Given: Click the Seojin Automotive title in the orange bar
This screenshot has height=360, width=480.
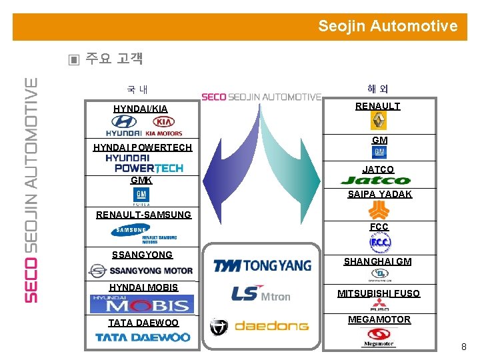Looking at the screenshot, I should pyautogui.click(x=387, y=26).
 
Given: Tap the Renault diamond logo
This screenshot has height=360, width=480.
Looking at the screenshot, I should pyautogui.click(x=378, y=121).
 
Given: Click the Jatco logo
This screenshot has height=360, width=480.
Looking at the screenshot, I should pyautogui.click(x=376, y=180).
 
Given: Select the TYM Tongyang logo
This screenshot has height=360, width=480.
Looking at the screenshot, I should pyautogui.click(x=262, y=265).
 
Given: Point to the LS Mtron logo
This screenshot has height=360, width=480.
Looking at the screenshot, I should pyautogui.click(x=261, y=293).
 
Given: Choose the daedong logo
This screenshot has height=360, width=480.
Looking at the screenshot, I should pyautogui.click(x=260, y=326).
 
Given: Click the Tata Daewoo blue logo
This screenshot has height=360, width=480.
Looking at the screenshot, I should pyautogui.click(x=143, y=337).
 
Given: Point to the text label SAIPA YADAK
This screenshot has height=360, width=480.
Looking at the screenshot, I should pyautogui.click(x=379, y=195).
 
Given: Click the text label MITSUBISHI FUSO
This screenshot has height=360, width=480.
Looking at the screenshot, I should pyautogui.click(x=378, y=293).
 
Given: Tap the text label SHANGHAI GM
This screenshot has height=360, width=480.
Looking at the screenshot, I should pyautogui.click(x=377, y=261).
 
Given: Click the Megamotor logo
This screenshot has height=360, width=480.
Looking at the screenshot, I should pyautogui.click(x=377, y=338).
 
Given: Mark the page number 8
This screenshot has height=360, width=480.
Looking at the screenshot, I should pyautogui.click(x=464, y=347).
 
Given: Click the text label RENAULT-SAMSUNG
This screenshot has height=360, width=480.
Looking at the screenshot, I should pyautogui.click(x=143, y=215).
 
